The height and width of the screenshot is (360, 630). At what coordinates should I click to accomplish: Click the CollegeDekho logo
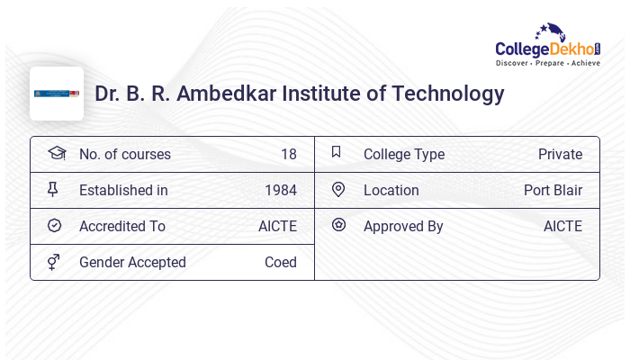548,47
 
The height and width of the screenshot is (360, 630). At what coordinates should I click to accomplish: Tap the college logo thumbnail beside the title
57,94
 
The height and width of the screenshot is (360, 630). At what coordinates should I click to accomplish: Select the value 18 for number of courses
288,154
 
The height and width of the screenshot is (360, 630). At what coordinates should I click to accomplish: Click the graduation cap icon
56,153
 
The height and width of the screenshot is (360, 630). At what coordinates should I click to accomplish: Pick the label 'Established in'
123,190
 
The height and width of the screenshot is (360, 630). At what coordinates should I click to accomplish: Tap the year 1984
280,190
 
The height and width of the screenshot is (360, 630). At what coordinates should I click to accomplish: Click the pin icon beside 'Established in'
54,189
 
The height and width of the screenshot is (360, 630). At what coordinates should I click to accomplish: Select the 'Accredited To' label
122,226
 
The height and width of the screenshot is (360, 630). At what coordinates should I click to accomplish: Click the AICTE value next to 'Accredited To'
277,226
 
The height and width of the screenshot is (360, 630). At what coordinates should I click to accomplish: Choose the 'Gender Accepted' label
132,262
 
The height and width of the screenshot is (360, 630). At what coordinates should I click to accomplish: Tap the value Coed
280,262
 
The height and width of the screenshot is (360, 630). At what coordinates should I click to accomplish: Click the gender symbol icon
54,262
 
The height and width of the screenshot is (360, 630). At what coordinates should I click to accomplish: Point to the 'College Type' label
404,154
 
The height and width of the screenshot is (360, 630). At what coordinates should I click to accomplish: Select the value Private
560,154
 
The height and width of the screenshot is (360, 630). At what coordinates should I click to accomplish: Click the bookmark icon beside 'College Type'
337,152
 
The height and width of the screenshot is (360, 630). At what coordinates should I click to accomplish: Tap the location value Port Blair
553,190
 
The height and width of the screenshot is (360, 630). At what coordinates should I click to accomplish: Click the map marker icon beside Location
338,189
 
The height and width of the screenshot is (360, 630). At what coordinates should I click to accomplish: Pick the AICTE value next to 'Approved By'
562,226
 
